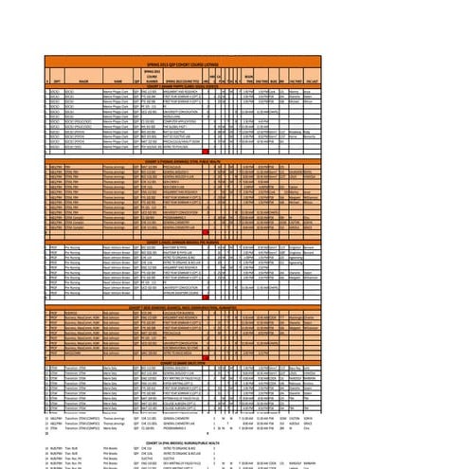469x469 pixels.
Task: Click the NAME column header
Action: coord(118,82)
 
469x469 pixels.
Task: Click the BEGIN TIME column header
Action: coord(248,81)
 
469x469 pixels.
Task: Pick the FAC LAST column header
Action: coord(307,82)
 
